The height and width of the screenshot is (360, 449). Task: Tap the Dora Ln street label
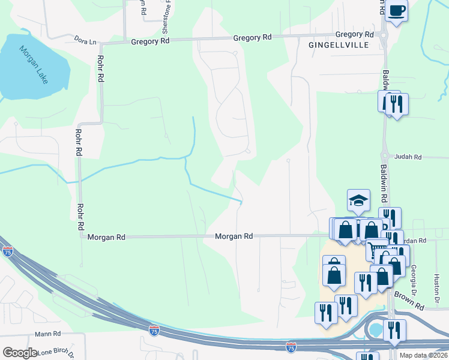tap(85, 41)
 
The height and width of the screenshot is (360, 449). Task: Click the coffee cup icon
tap(396, 10)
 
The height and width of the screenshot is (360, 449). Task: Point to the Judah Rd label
tap(408, 157)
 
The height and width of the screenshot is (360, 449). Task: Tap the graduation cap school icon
tap(358, 200)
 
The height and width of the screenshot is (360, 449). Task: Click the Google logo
tap(20, 353)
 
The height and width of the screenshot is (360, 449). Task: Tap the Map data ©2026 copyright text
tap(424, 355)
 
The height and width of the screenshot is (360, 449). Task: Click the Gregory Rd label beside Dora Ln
tap(151, 41)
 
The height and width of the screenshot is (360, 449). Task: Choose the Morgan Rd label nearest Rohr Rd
tap(106, 238)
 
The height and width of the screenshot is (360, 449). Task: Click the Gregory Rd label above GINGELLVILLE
tap(354, 35)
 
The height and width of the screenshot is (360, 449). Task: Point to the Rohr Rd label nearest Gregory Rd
tap(100, 69)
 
